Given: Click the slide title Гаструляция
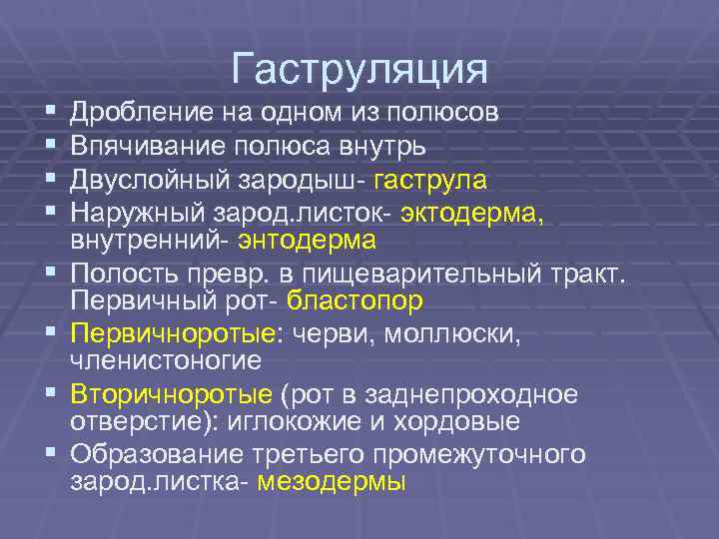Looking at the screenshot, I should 359,70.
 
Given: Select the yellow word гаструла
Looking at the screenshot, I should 431,181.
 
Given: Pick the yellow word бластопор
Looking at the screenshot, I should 355,299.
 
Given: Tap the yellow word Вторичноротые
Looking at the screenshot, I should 170,394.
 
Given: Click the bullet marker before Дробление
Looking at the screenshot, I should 50,112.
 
